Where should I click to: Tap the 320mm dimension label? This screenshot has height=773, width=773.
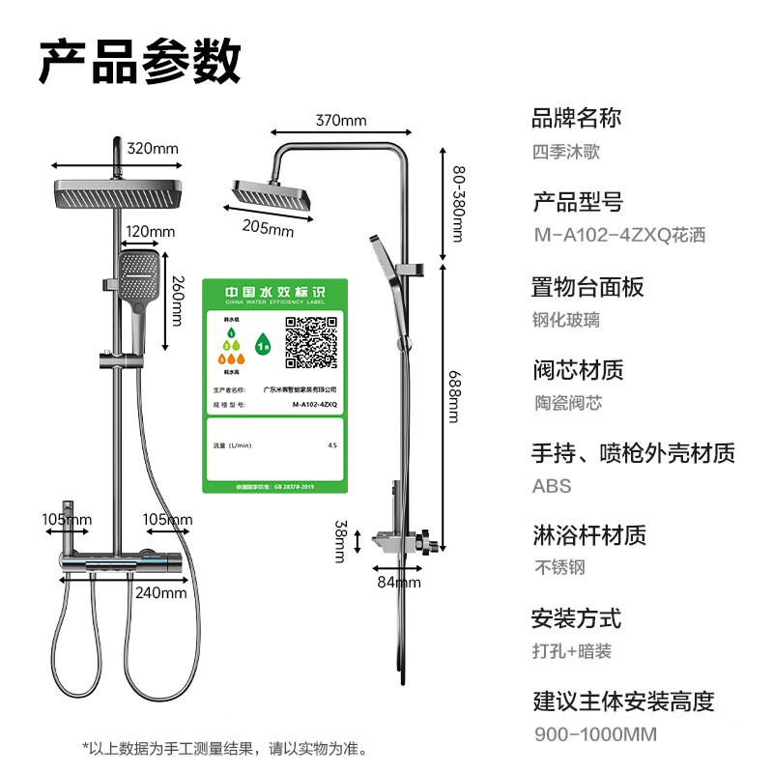pos(154,149)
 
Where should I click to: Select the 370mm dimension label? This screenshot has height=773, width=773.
pos(340,121)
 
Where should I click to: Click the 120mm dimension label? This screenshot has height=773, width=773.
pos(150,232)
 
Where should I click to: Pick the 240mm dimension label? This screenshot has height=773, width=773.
pos(160,592)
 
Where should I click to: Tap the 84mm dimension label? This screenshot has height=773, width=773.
pos(398,582)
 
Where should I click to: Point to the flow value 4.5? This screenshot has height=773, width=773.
pos(332,445)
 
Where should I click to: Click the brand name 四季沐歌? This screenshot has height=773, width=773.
pos(566,152)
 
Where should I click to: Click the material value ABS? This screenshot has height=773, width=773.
pos(552,486)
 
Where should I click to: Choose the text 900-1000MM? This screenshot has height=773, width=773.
pos(595,734)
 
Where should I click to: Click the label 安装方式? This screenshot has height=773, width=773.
pos(576,618)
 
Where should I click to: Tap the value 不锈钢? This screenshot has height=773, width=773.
pos(559,568)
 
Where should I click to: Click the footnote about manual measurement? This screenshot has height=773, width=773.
pos(224,748)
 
